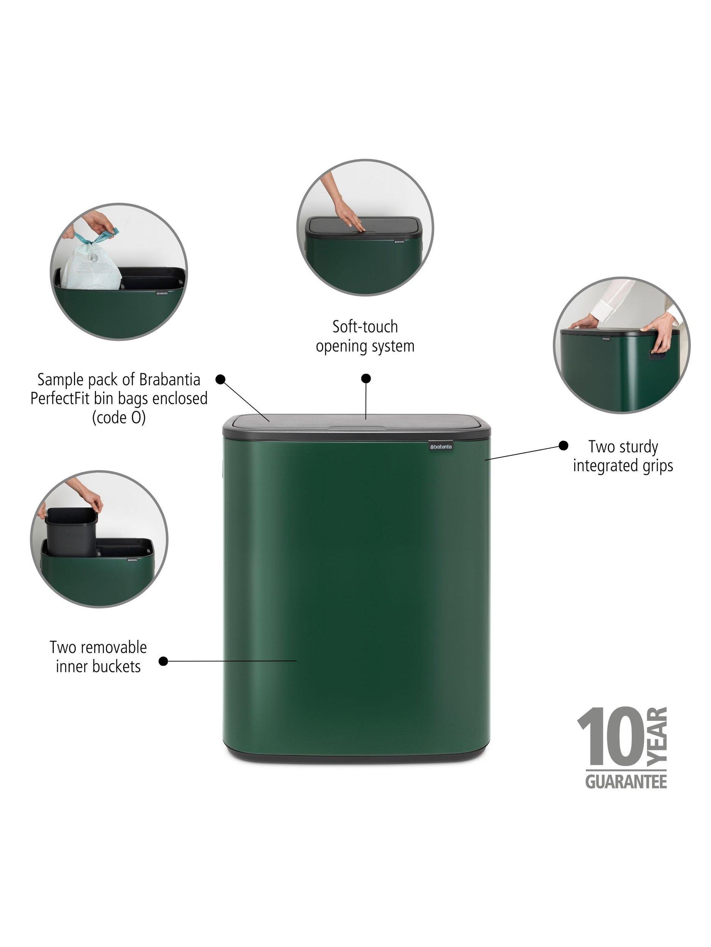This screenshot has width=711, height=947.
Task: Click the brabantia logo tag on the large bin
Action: click(x=441, y=447)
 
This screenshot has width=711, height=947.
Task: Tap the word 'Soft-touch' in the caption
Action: click(x=365, y=327)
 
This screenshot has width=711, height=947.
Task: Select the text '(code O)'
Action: click(x=119, y=417)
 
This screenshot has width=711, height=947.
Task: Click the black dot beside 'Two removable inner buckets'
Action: click(x=163, y=661)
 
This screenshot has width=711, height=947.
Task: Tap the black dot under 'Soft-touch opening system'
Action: click(x=366, y=378)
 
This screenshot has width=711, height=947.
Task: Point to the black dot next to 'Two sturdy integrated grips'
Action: click(x=563, y=446)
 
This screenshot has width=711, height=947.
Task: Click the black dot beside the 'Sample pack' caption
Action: click(x=220, y=379)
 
